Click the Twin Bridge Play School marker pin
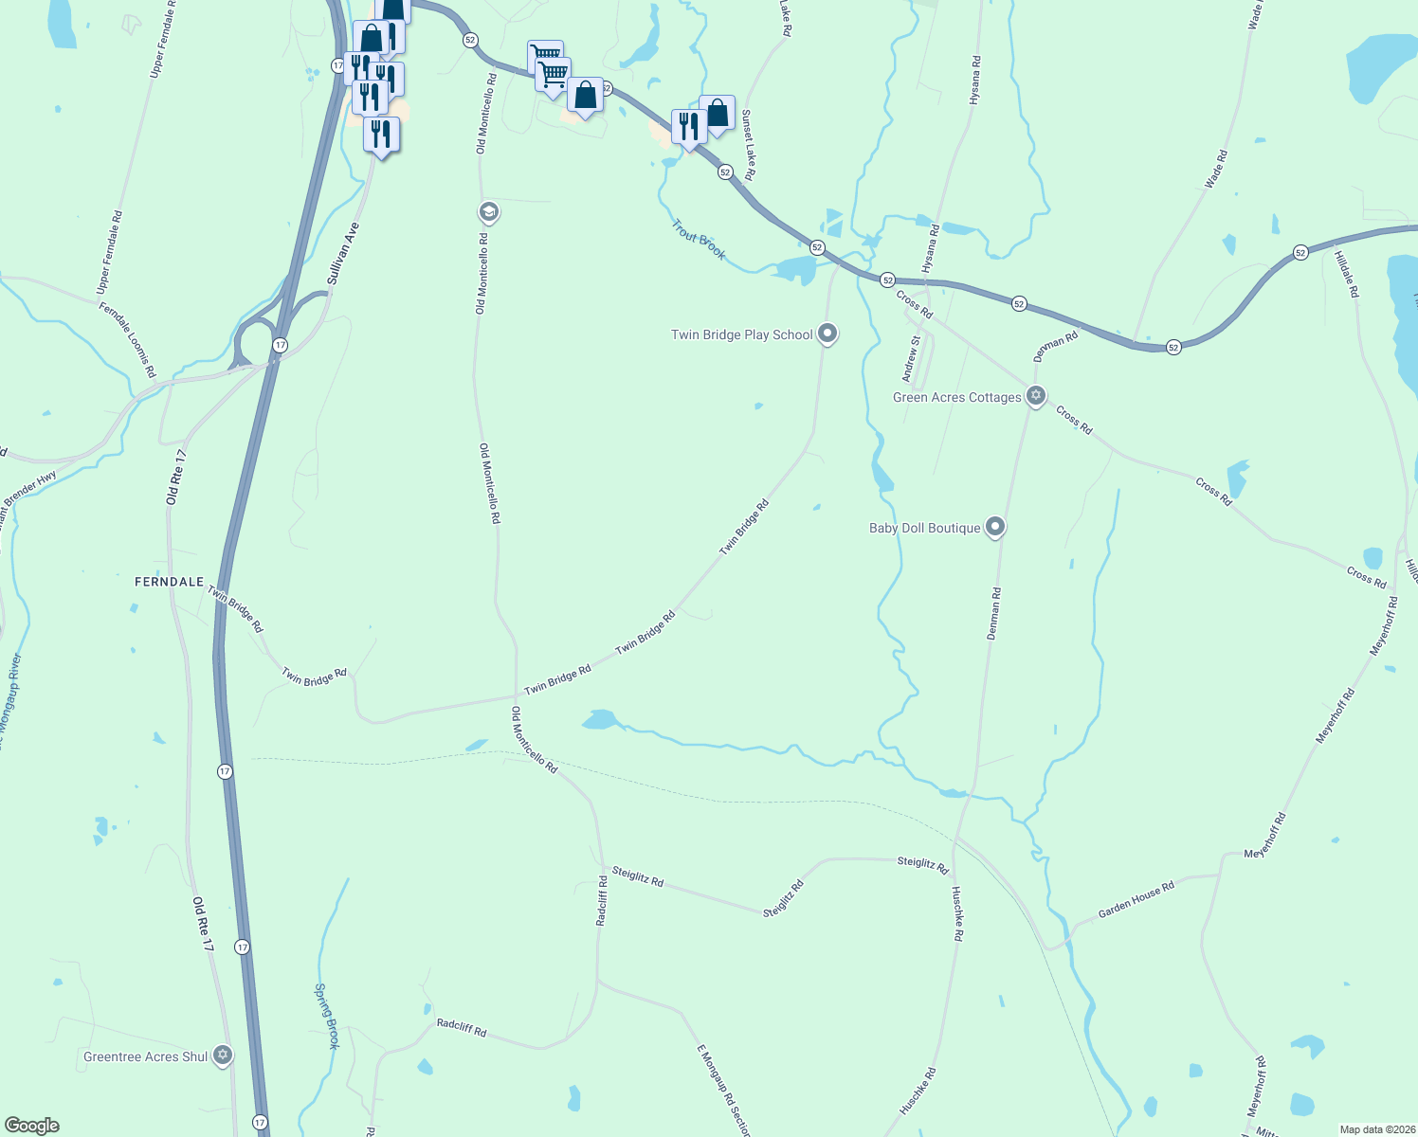coord(827,334)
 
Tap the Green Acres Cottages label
coord(956,398)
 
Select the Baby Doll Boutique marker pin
coord(994,527)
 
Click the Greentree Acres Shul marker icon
coord(223,1055)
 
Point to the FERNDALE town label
coord(170,582)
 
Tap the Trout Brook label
coord(699,240)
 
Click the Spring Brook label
coord(326,1016)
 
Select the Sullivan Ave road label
coord(343,254)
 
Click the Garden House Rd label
coord(1136,900)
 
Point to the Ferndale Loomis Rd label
coord(127,339)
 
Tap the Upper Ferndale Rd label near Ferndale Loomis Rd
coord(110,252)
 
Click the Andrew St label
coord(911,359)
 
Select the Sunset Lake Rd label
coord(749,145)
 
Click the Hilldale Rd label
coord(1346,275)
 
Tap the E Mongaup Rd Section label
coord(723,1090)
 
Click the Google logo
coord(32,1126)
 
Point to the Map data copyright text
coord(1377,1129)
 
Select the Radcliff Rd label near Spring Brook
coord(461,1028)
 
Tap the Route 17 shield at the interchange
coord(280,345)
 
